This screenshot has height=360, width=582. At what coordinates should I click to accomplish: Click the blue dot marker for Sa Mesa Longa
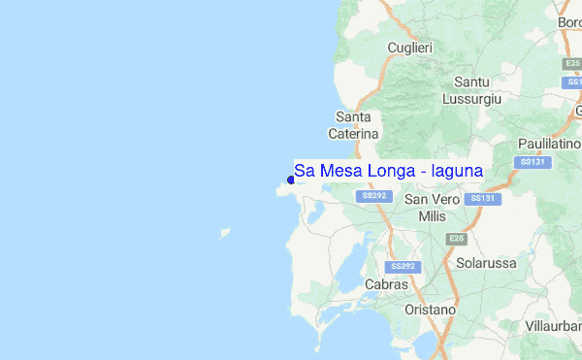click(x=291, y=180)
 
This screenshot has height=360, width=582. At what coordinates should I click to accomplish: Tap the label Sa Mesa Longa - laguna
click(x=389, y=172)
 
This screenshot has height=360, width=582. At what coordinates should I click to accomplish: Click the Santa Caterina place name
click(x=353, y=125)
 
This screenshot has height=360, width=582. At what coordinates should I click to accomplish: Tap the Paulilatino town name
click(x=549, y=144)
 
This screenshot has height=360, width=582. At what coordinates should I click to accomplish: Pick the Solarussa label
click(x=487, y=263)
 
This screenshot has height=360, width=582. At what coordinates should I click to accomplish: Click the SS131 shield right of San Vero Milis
click(x=482, y=198)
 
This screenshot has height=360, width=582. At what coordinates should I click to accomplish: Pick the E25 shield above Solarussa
click(x=456, y=239)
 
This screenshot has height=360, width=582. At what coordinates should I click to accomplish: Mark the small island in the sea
click(x=225, y=233)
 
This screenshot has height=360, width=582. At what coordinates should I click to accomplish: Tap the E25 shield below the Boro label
click(x=572, y=63)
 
